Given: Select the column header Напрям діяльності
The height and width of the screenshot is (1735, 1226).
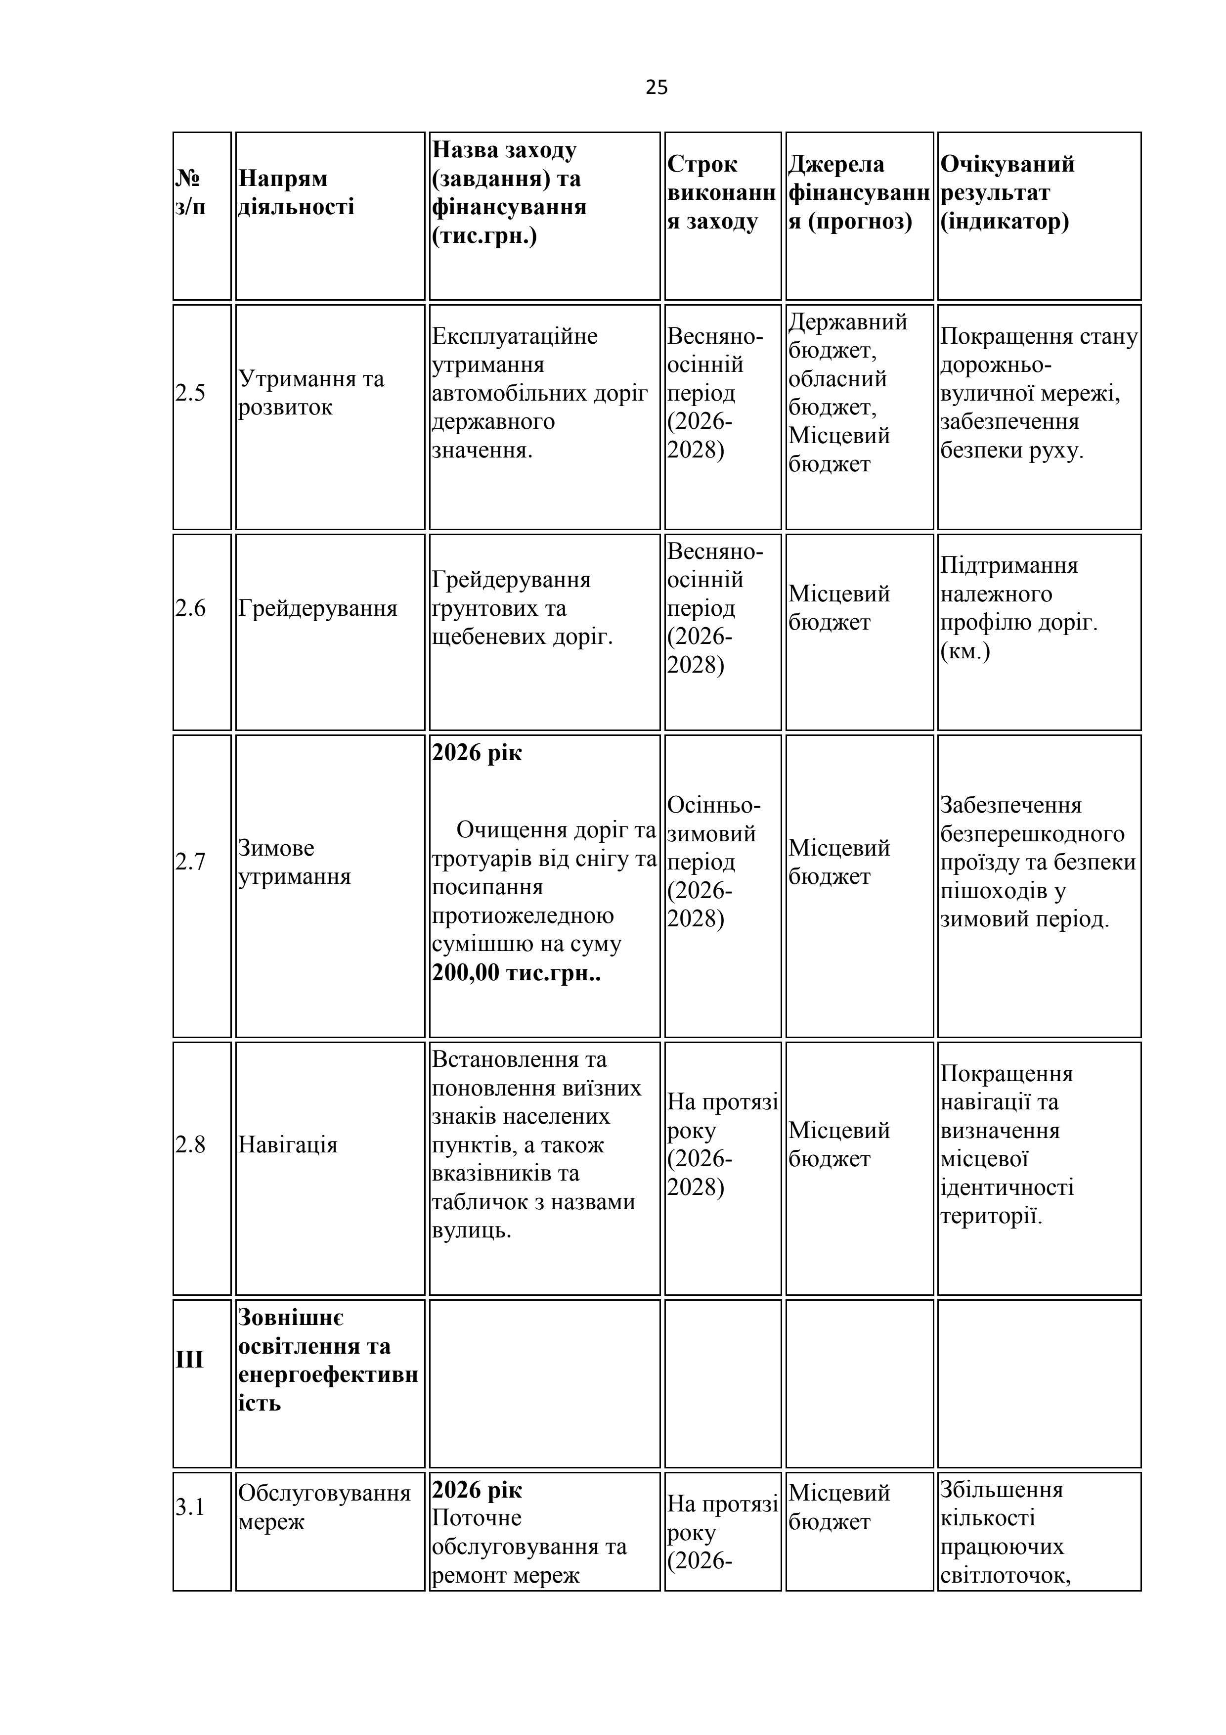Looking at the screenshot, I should tap(295, 193).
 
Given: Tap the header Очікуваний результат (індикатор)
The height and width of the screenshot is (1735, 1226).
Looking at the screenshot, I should tap(1007, 193).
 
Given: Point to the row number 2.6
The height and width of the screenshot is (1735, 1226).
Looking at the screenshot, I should tap(190, 608).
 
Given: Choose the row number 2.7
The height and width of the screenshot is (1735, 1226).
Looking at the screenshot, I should tap(190, 862).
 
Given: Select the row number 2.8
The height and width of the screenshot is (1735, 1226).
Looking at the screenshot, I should tap(190, 1145).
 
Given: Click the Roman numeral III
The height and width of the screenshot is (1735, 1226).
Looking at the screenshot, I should tap(190, 1360).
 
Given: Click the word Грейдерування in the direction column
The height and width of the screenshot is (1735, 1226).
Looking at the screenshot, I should tap(317, 608).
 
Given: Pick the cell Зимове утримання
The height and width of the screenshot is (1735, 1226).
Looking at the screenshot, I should tap(294, 862).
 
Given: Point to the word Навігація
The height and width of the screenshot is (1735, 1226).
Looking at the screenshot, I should tap(287, 1145).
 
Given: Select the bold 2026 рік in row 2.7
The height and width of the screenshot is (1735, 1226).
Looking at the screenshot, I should tap(477, 753).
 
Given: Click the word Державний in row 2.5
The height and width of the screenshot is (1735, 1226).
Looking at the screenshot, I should tap(847, 322).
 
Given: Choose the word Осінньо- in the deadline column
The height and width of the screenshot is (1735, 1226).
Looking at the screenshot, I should tap(713, 806).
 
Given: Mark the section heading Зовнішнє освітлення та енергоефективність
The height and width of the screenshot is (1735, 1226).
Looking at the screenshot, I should tap(327, 1360).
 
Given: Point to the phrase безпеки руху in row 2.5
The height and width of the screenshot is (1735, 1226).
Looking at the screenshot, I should tap(1011, 451).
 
